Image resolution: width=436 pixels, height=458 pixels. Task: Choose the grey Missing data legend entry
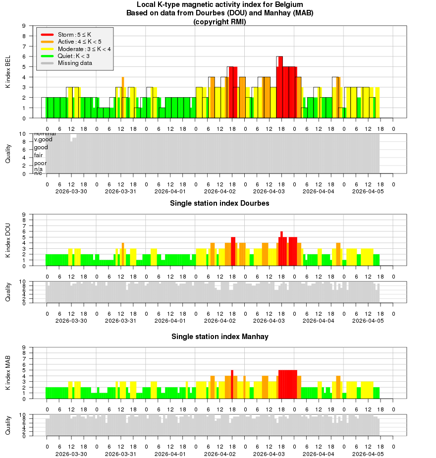pos(74,63)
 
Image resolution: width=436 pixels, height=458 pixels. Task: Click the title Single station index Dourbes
pos(219,203)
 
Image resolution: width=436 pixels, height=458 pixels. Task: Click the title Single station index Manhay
pos(219,337)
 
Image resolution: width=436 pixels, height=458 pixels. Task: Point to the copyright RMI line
pos(219,22)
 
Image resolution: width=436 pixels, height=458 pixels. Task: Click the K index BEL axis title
pos(8,72)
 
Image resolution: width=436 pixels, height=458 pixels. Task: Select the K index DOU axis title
pos(8,240)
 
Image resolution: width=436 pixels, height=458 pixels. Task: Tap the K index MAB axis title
pos(8,373)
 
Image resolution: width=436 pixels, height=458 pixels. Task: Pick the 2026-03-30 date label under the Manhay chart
pos(71,454)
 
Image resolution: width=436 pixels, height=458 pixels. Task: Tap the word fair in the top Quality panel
pos(38,155)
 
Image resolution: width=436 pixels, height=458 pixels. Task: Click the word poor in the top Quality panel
pos(40,163)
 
